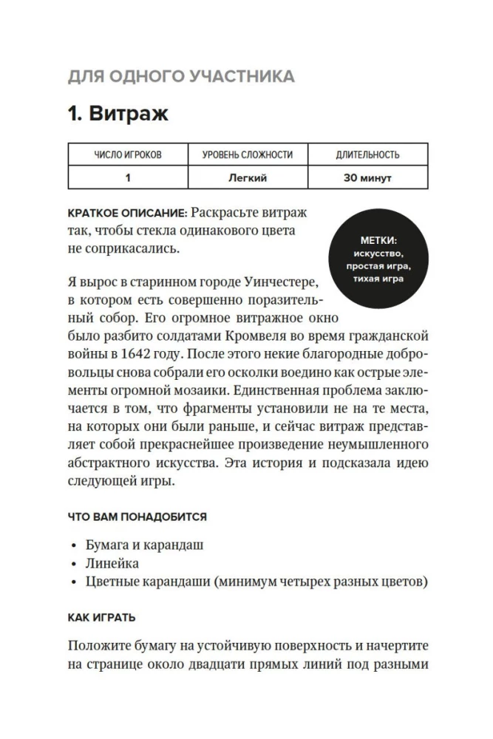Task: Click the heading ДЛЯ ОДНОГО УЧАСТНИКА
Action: pos(180,76)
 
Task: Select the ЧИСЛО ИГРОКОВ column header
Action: pos(128,155)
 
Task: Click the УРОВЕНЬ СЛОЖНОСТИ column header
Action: pos(248,155)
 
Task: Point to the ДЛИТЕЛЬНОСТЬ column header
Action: pos(367,155)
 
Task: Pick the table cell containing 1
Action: pos(128,178)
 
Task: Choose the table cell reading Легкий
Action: pos(248,178)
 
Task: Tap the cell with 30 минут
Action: pos(367,178)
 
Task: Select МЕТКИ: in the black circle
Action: pos(379,241)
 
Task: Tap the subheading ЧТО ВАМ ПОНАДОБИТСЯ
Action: pos(137,516)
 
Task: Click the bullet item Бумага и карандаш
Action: pos(144,545)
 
